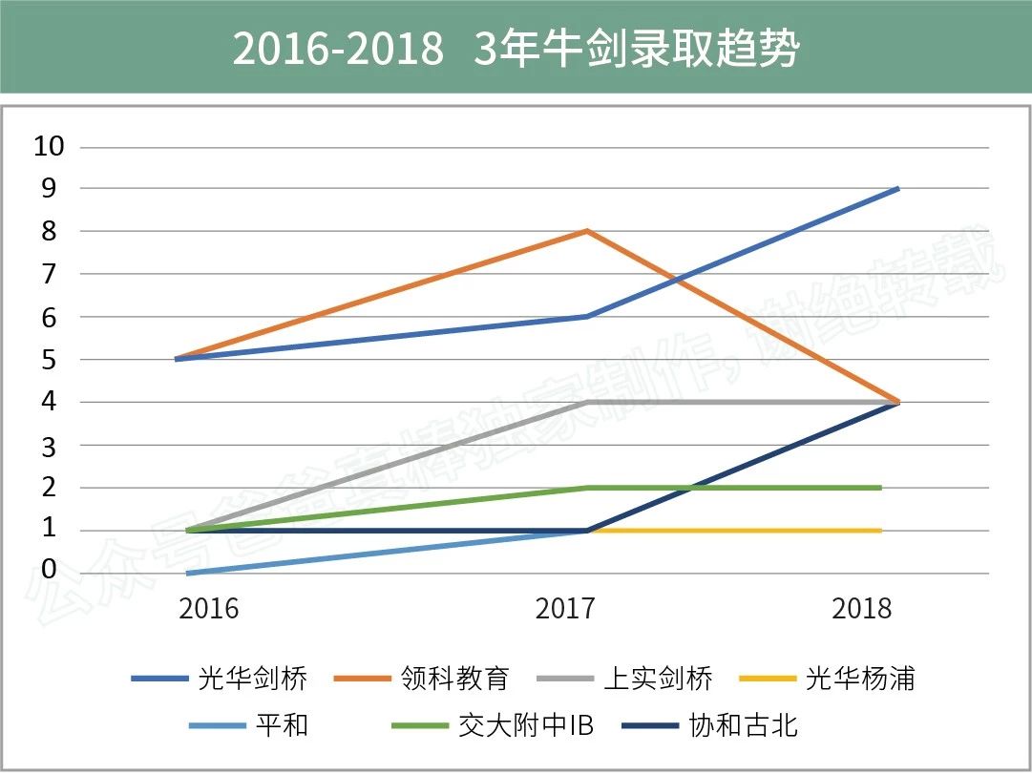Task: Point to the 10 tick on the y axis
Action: [49, 146]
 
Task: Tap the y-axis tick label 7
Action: [49, 274]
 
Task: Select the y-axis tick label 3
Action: [49, 446]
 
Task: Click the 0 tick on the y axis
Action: [49, 571]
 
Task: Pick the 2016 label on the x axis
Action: [209, 609]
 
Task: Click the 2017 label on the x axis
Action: [565, 609]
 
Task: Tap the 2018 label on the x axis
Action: [861, 609]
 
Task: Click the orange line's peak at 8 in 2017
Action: [586, 231]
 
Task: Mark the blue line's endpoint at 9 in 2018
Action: [897, 189]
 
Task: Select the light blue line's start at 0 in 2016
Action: [188, 573]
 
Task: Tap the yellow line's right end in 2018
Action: [879, 531]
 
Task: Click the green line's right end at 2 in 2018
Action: [879, 488]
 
